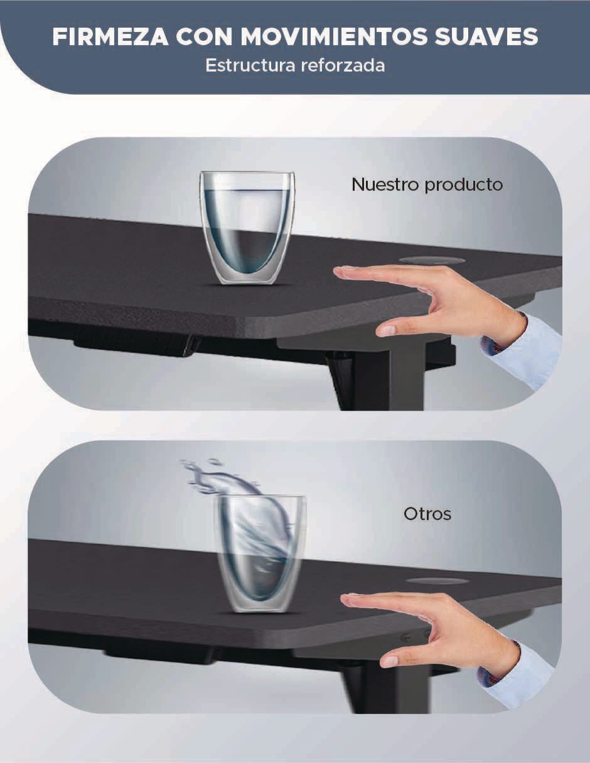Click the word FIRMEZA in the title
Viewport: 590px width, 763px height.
110,36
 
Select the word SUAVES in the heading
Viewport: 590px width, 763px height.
486,36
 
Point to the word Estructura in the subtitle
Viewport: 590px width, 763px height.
250,65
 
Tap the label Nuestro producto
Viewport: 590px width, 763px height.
427,185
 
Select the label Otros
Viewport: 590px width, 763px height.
427,514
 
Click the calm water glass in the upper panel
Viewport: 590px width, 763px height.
247,227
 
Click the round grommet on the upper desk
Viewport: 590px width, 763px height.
432,260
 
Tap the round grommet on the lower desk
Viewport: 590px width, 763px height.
437,581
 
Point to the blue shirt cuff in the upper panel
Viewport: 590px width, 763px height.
523,351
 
